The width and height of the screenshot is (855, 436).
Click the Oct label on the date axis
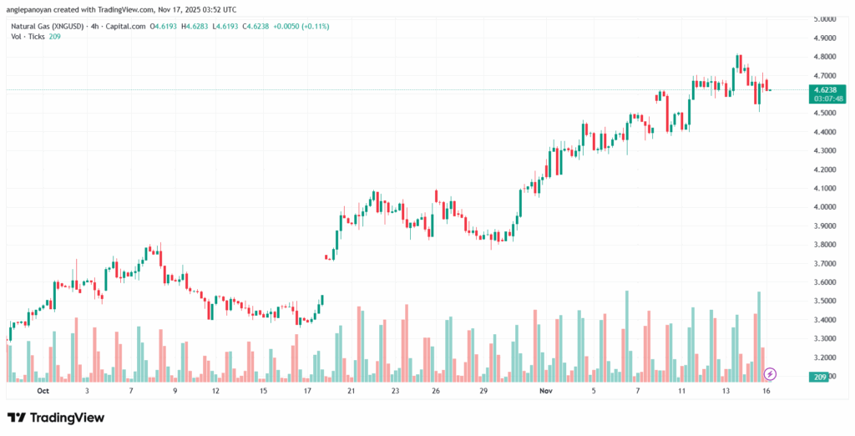click(x=43, y=390)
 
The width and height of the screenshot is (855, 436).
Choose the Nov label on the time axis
click(x=546, y=390)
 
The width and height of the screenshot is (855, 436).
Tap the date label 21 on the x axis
click(x=352, y=390)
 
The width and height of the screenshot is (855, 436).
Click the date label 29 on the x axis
click(x=483, y=390)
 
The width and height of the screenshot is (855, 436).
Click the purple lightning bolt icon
click(x=771, y=373)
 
